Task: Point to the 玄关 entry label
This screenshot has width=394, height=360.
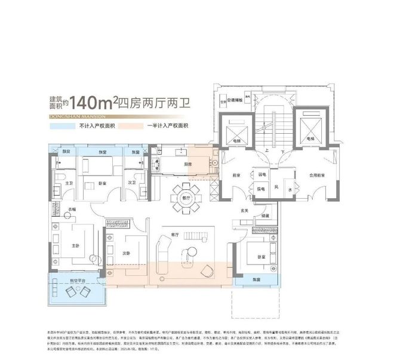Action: (244, 211)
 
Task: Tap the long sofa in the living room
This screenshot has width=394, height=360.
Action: (164, 251)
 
